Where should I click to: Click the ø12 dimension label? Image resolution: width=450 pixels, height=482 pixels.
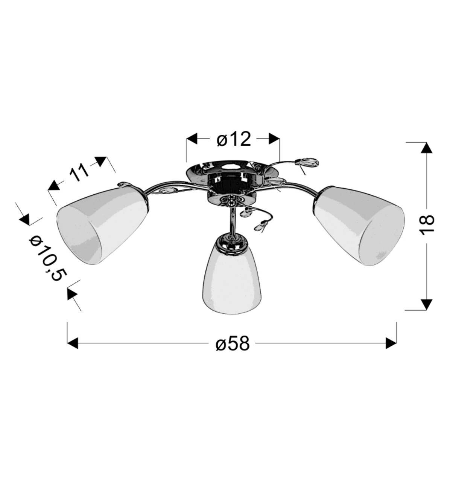pos(233,140)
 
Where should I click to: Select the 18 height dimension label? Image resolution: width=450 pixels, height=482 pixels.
pos(427,225)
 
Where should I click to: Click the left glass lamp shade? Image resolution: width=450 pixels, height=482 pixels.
pos(102,225)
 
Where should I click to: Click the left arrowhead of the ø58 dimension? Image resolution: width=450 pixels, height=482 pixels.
pos(73,343)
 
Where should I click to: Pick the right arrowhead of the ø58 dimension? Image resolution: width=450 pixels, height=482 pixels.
pos(391,343)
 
